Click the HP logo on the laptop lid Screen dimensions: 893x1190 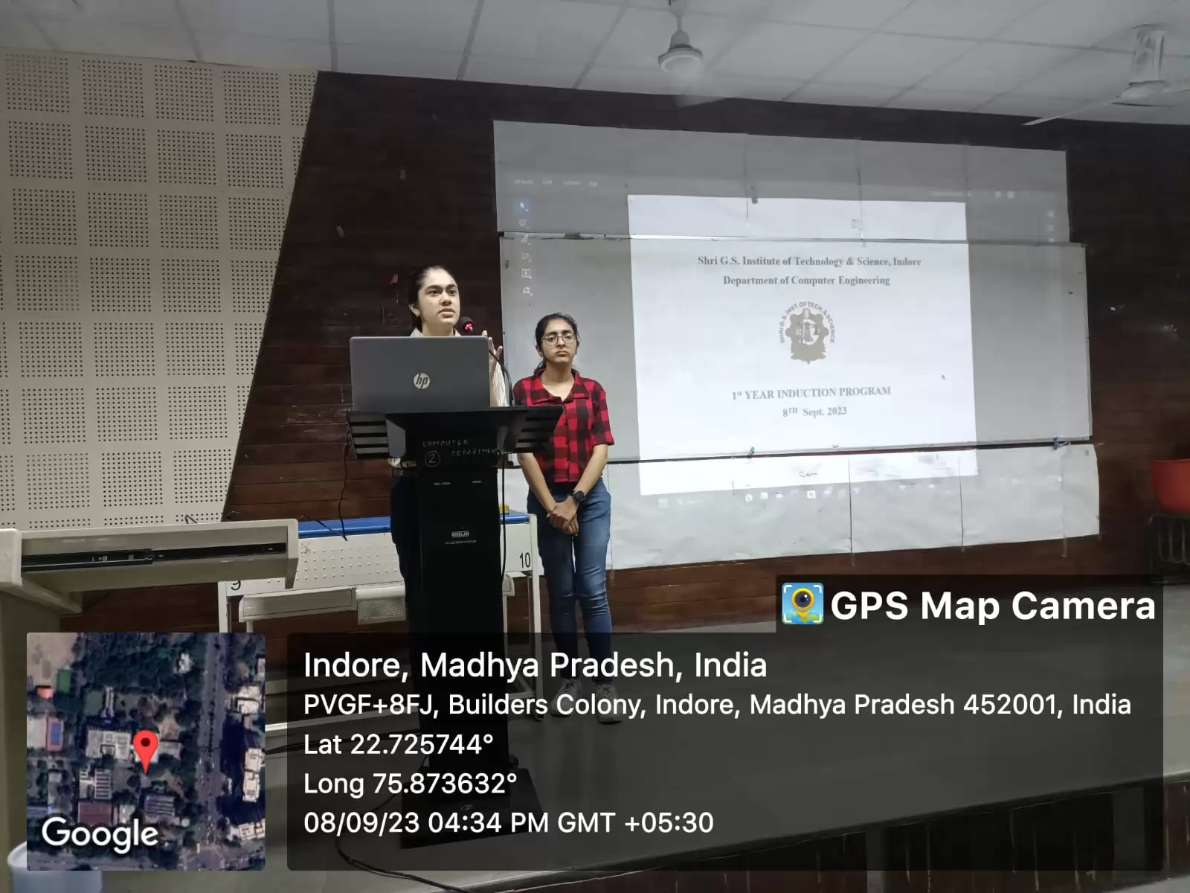[x=422, y=381]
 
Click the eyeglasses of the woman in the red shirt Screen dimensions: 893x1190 [x=559, y=339]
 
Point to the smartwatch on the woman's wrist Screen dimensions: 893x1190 [x=578, y=495]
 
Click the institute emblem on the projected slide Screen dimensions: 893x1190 [x=807, y=332]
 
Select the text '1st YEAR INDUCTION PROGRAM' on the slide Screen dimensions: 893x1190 [x=811, y=393]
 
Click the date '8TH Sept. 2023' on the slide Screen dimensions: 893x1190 [x=814, y=412]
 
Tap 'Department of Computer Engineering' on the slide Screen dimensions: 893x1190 [x=806, y=281]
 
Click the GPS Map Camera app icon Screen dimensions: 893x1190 [x=802, y=604]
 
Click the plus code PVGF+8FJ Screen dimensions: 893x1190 [x=367, y=704]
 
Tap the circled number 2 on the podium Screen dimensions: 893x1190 [x=431, y=459]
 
